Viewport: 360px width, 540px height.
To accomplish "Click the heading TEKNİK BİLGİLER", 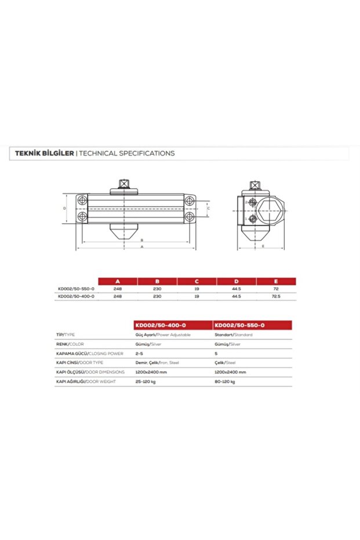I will (x=40, y=154).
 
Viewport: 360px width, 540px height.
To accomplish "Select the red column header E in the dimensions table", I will (x=275, y=281).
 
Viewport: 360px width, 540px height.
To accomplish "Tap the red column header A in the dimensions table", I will (x=118, y=281).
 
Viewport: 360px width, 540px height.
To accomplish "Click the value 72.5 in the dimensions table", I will (x=275, y=296).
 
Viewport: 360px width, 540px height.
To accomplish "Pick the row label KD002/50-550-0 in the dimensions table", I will (x=76, y=288).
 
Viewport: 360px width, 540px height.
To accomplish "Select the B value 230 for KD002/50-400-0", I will (x=157, y=296).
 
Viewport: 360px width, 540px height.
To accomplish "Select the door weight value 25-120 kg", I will (x=147, y=382).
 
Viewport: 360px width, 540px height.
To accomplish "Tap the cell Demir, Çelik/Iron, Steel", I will (x=157, y=363).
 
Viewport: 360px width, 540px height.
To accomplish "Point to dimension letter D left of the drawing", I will (x=65, y=208).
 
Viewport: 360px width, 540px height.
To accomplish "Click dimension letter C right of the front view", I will (x=208, y=207).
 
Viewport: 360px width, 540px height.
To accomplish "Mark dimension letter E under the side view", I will (x=263, y=247).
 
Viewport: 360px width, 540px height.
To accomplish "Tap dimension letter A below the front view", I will (x=141, y=247).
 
